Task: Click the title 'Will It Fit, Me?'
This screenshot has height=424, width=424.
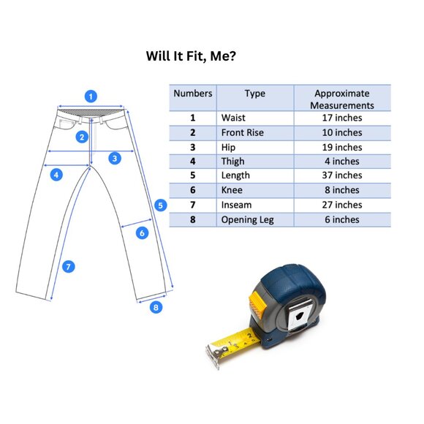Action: (191, 56)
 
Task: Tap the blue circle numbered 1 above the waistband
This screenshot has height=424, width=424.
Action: (91, 96)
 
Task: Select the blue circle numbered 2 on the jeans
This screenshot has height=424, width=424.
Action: (82, 137)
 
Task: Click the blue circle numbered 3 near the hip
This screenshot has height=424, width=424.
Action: (115, 158)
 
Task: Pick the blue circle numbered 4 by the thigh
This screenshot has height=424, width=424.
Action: (56, 175)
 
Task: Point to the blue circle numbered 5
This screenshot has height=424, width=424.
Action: (161, 205)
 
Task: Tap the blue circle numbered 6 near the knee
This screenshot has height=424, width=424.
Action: (142, 233)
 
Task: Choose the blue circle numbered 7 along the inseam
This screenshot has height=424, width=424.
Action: (69, 267)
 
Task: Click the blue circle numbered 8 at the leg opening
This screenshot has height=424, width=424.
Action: (156, 307)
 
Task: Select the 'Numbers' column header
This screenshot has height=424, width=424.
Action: (193, 94)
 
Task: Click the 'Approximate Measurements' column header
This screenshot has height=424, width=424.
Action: (342, 99)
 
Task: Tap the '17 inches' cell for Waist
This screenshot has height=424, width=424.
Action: (342, 118)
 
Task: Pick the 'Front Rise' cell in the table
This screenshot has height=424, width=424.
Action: (242, 132)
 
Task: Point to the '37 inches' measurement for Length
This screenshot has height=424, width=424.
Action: (342, 175)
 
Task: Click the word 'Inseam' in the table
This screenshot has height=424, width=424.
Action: (236, 205)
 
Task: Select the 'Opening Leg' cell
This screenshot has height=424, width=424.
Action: (247, 220)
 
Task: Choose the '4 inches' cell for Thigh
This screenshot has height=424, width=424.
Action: (342, 162)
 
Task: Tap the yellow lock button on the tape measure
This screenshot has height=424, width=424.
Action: (258, 303)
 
